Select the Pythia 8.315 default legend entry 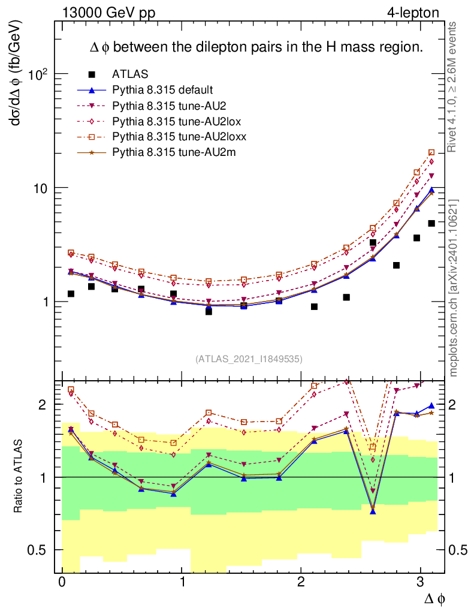tap(162, 90)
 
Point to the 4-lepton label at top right tap(413, 12)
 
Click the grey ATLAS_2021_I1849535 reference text tap(249, 359)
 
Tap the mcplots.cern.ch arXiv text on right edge tap(454, 288)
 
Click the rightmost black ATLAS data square tap(431, 224)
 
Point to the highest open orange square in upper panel tap(431, 153)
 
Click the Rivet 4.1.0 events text tap(454, 88)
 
